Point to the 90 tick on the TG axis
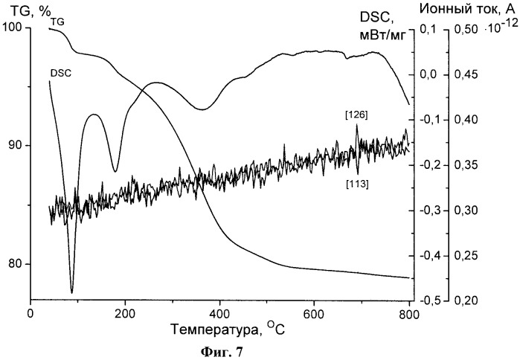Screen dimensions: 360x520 tap(15, 146)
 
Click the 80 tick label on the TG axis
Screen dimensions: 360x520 tap(15, 264)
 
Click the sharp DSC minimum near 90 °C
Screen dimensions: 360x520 tap(72, 292)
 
